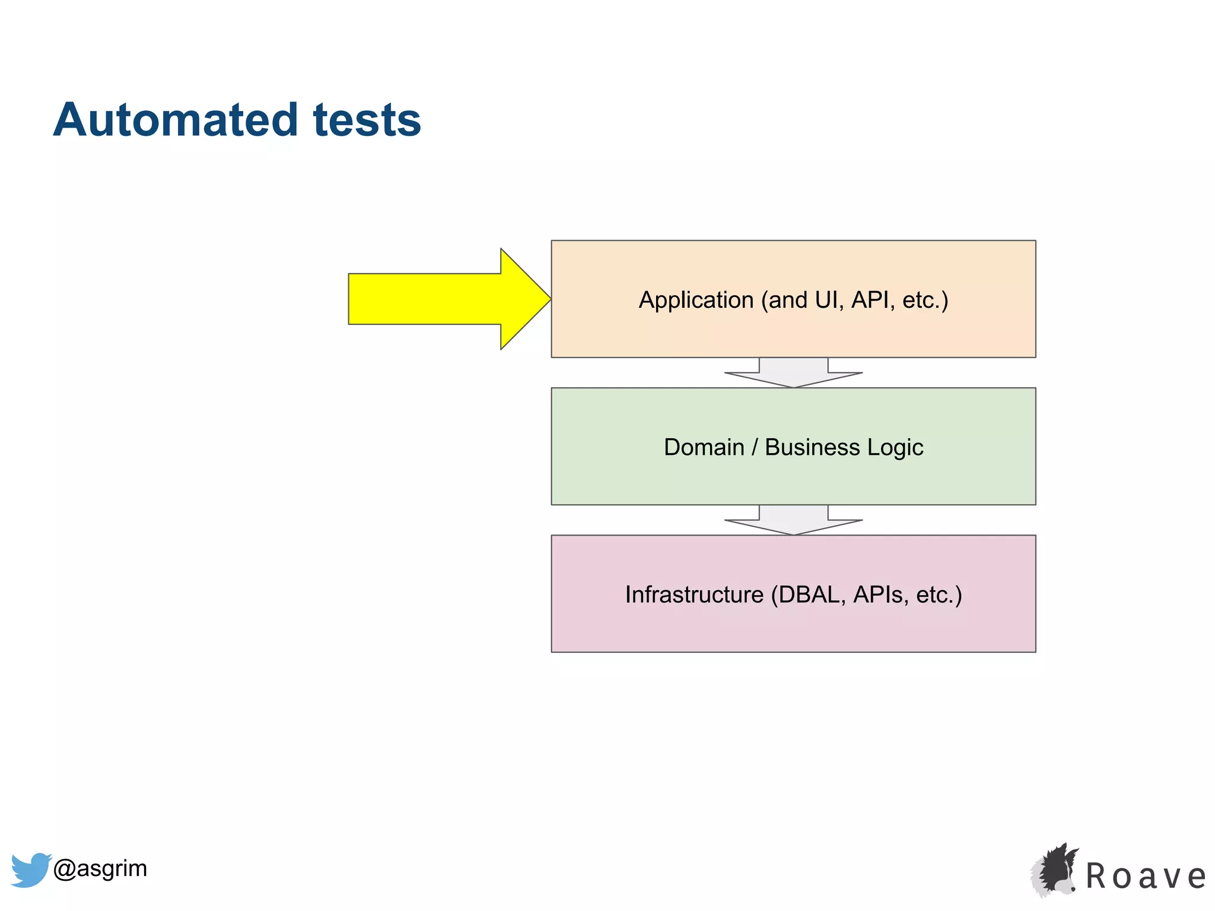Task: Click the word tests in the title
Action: pyautogui.click(x=367, y=120)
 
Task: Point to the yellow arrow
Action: pyautogui.click(x=439, y=299)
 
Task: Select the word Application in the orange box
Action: pyautogui.click(x=696, y=300)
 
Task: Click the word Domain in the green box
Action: pyautogui.click(x=704, y=447)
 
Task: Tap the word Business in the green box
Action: pyautogui.click(x=812, y=447)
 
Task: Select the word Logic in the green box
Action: pyautogui.click(x=895, y=447)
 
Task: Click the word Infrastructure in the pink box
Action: pyautogui.click(x=694, y=594)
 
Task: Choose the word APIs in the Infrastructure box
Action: pyautogui.click(x=880, y=594)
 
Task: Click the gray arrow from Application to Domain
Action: pyautogui.click(x=793, y=373)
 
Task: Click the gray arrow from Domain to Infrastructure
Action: pyautogui.click(x=793, y=520)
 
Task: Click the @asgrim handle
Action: pyautogui.click(x=100, y=868)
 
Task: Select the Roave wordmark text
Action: pyautogui.click(x=1145, y=877)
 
